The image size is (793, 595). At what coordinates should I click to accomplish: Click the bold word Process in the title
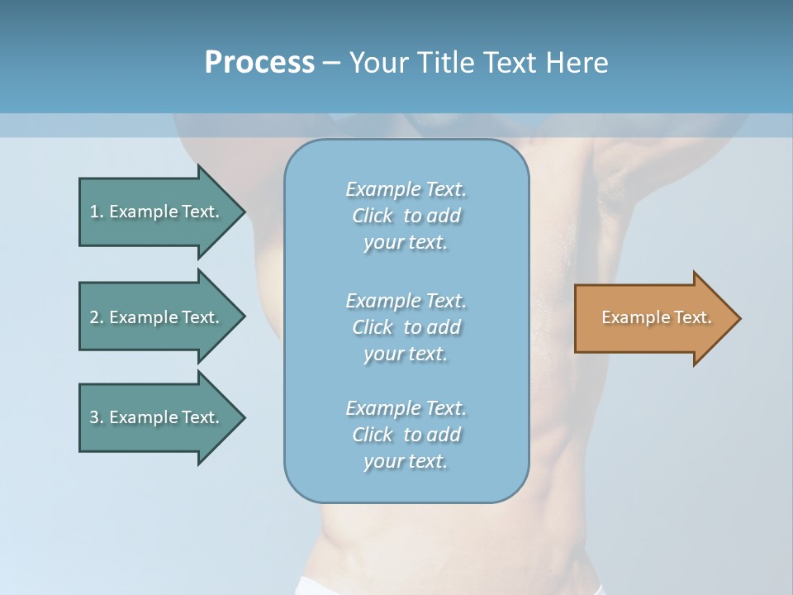pyautogui.click(x=259, y=63)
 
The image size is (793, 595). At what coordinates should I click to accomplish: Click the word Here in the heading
pyautogui.click(x=577, y=63)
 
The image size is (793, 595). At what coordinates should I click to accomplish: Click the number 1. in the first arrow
pyautogui.click(x=96, y=212)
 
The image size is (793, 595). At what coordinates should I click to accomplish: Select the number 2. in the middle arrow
pyautogui.click(x=96, y=317)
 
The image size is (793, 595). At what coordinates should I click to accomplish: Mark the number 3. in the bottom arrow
pyautogui.click(x=96, y=417)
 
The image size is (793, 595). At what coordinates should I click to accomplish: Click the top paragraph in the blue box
pyautogui.click(x=406, y=216)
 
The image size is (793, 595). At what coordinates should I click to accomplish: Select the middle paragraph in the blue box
pyautogui.click(x=406, y=327)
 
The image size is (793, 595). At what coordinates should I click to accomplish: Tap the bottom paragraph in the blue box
pyautogui.click(x=406, y=435)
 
